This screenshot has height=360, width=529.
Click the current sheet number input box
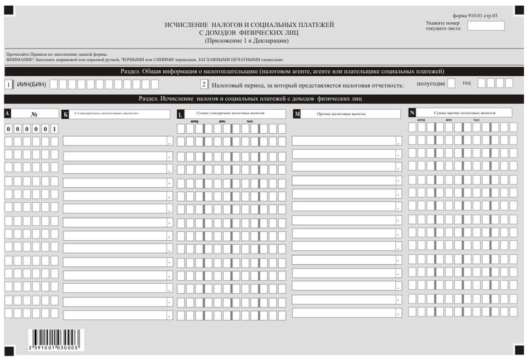[486, 26]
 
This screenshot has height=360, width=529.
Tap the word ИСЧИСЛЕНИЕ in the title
[187, 25]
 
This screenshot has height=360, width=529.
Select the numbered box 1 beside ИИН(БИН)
[8, 85]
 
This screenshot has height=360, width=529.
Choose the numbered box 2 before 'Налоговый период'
[204, 85]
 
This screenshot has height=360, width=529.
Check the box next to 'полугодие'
[451, 84]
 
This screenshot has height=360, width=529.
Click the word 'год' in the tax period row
[467, 83]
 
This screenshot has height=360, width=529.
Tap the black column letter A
[7, 113]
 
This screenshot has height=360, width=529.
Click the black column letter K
[66, 114]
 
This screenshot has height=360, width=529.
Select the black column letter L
[180, 114]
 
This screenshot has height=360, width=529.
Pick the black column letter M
[297, 114]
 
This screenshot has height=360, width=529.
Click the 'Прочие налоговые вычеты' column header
[346, 114]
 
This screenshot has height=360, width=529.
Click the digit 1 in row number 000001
[54, 129]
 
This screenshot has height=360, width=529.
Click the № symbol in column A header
[34, 114]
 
